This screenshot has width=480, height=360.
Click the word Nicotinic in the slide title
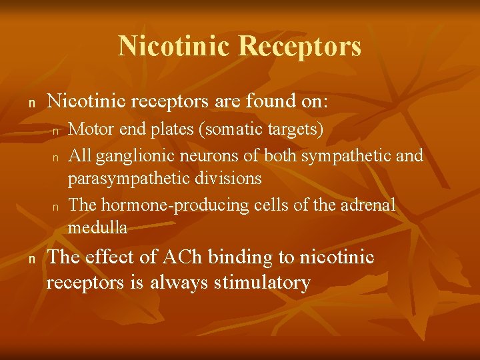pos(175,46)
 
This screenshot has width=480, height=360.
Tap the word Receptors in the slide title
pos(300,46)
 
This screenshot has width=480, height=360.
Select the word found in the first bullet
pos(265,101)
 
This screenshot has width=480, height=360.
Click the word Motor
pos(90,129)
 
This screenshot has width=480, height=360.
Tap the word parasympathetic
pos(131,179)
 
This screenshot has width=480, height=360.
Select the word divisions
pos(229,179)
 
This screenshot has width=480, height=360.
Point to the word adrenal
pos(369,205)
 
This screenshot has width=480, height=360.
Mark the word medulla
pos(97,228)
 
